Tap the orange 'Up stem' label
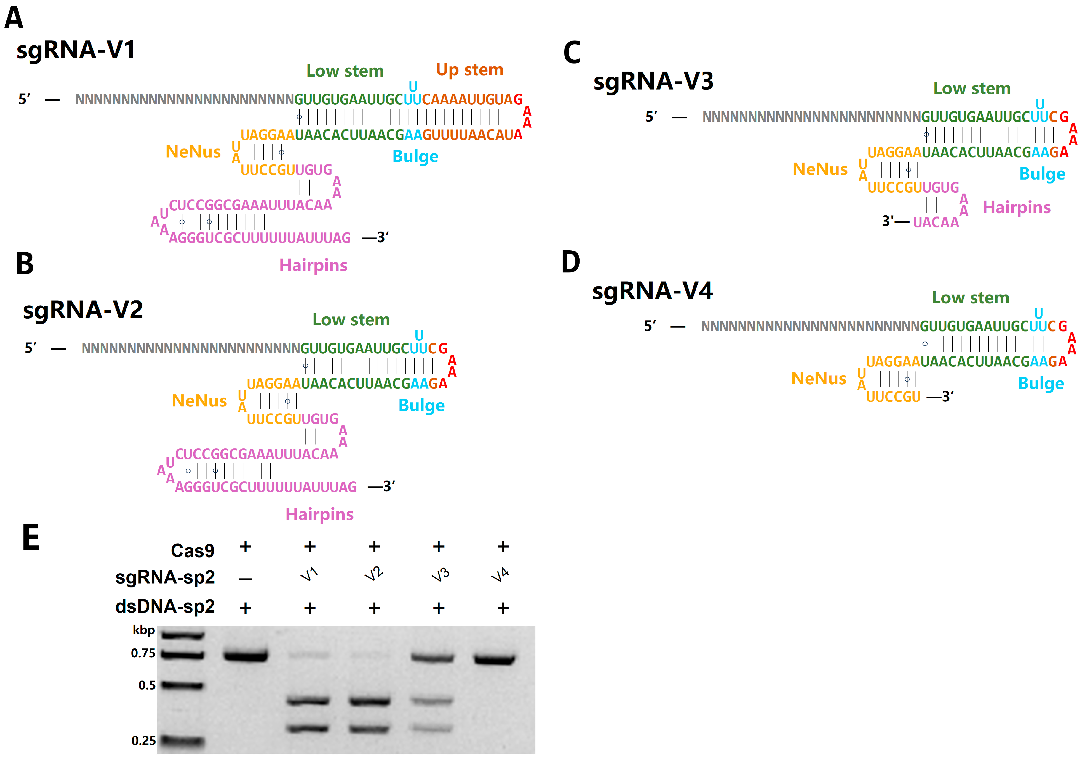[469, 70]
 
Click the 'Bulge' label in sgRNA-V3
[1042, 174]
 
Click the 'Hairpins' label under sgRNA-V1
[313, 265]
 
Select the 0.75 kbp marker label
[143, 653]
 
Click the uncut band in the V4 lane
[494, 659]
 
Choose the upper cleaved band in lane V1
[308, 701]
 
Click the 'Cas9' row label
[192, 550]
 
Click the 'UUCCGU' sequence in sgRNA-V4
[893, 397]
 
